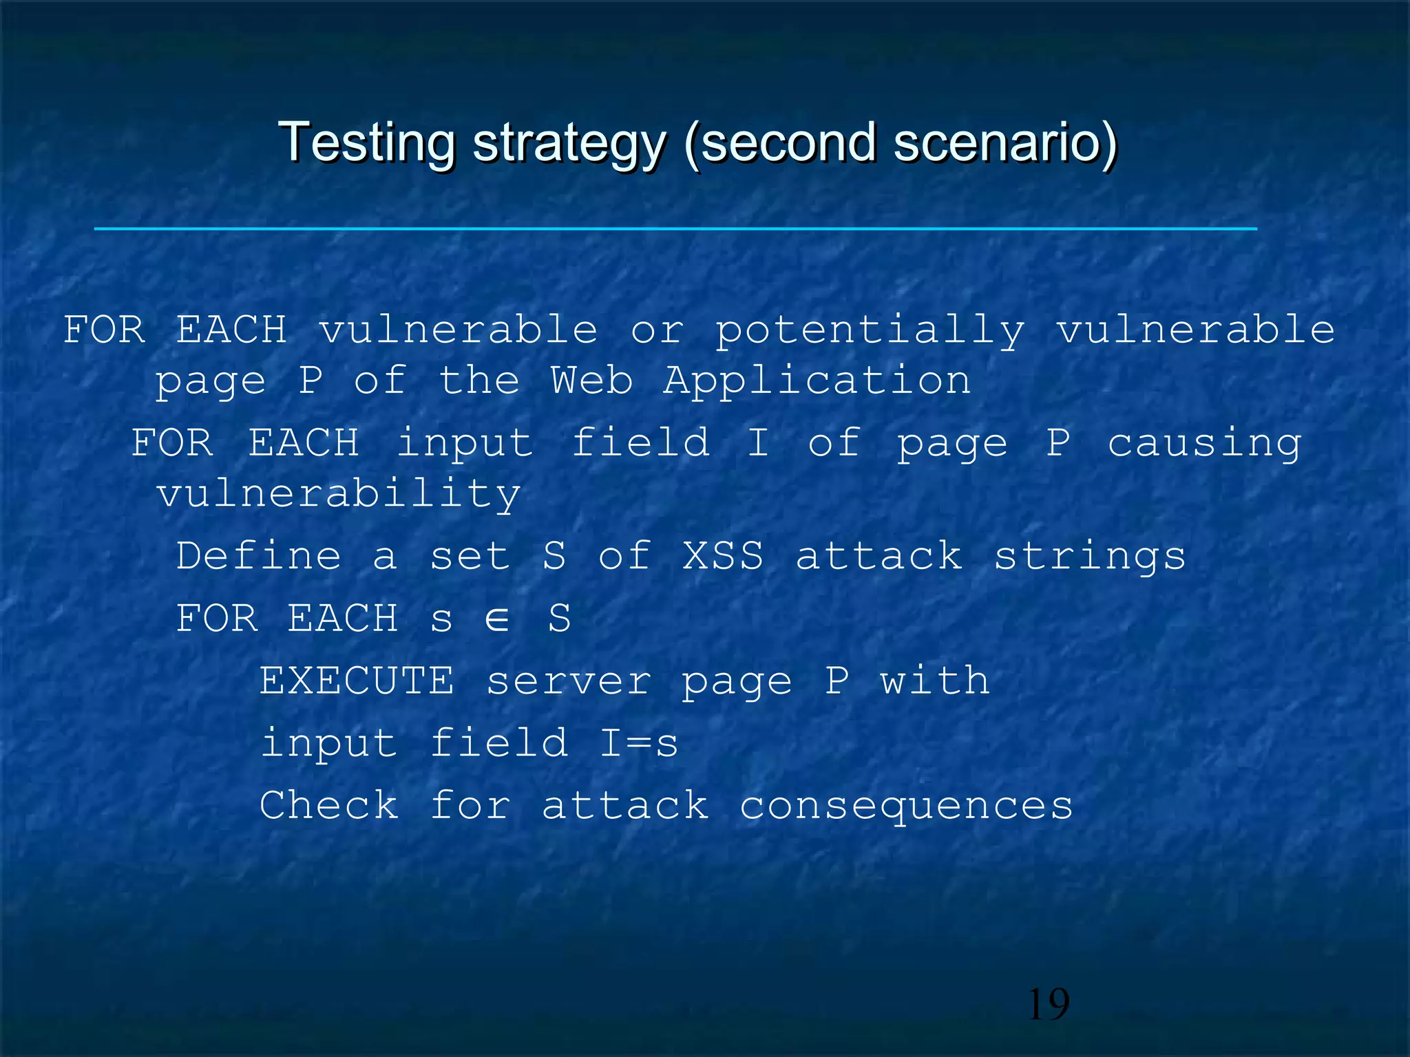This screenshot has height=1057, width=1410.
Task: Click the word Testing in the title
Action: coord(366,142)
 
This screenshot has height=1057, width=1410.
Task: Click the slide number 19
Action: coord(1048,1004)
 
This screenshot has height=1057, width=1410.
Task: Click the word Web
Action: coord(591,381)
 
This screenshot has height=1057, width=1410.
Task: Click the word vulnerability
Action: coord(339,495)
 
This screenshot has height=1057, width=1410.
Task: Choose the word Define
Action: coord(259,555)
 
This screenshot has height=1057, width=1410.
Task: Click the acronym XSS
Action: coord(723,555)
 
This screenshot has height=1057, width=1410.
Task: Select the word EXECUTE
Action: coord(357,681)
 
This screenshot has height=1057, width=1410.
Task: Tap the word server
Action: coord(569,682)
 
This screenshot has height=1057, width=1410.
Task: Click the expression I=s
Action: coord(638,743)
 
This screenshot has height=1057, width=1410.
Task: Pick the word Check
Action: coord(329,804)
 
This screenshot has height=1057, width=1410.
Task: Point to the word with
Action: coord(935,681)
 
